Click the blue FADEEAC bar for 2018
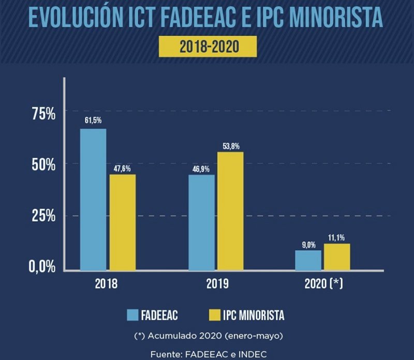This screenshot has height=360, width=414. coord(93,199)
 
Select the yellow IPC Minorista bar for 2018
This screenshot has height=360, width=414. coord(122,222)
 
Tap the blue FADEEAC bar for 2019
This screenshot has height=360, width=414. coord(201,222)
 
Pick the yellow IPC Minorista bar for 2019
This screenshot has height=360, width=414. coord(230,211)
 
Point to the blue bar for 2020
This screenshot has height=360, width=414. coord(308,260)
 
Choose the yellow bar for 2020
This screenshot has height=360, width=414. coord(337,257)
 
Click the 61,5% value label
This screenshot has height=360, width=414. coord(93,120)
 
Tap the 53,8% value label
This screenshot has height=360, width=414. coord(230,147)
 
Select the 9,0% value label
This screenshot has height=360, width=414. coord(308,245)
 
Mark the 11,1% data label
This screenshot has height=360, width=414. coord(337,238)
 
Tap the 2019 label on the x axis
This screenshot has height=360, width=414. coord(216,284)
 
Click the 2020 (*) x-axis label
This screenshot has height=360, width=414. coord(324,284)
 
